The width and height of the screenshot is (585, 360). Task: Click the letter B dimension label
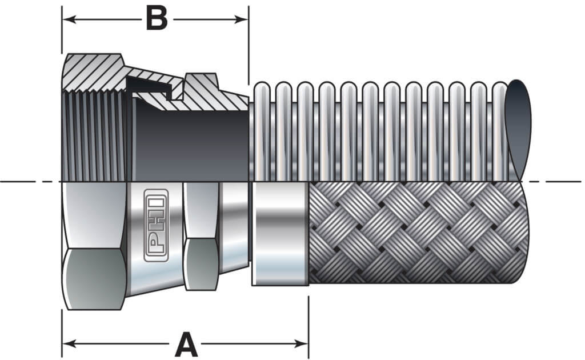156,19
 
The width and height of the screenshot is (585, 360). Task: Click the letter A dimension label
186,344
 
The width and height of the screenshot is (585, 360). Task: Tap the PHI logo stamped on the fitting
155,225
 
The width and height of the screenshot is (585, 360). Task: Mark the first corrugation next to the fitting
262,131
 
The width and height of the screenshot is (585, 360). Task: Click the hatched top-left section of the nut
91,71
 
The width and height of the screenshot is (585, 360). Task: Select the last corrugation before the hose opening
498,131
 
